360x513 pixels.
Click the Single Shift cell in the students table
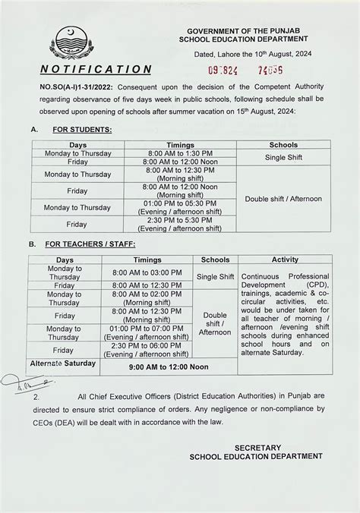[x=283, y=158]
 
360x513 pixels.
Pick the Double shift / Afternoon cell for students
[x=283, y=199]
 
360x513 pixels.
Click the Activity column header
[x=284, y=260]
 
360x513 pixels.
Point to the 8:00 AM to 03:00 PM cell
[x=147, y=272]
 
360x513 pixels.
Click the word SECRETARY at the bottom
[x=257, y=448]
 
